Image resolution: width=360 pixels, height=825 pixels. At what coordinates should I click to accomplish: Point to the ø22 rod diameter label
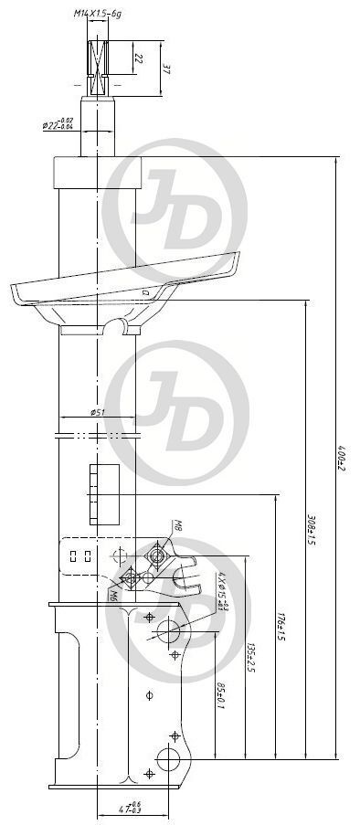[57, 125]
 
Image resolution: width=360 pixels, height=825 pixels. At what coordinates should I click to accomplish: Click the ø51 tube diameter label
[98, 412]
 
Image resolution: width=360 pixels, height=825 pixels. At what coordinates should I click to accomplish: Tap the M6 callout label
[112, 595]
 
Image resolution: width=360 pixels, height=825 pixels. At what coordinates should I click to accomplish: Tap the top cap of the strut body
[97, 172]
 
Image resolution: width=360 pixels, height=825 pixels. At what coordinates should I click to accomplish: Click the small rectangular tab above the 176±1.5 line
[104, 492]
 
